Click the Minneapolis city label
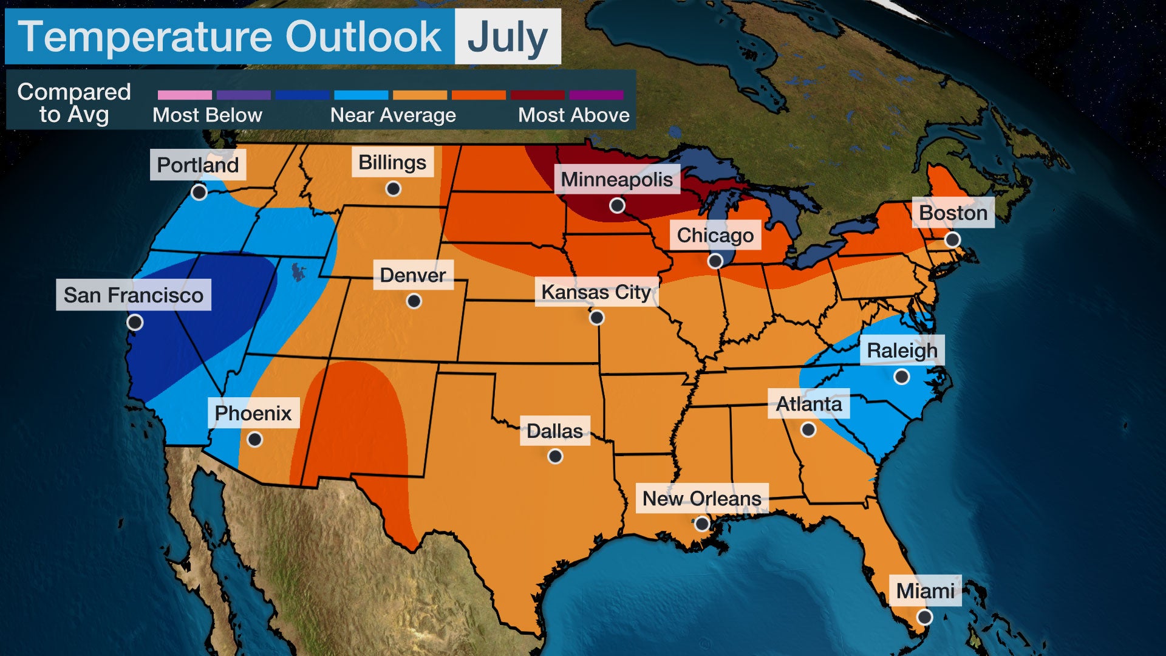click(x=616, y=179)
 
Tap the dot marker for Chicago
click(x=715, y=261)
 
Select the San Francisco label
click(x=134, y=295)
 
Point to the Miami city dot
click(x=924, y=617)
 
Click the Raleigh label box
click(x=902, y=350)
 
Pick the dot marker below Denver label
click(x=414, y=301)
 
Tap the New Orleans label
click(x=701, y=498)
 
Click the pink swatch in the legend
click(x=185, y=95)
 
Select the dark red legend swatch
click(x=537, y=95)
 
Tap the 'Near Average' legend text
click(x=393, y=115)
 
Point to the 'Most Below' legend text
click(x=207, y=115)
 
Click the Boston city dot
click(x=952, y=240)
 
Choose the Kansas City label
click(x=596, y=292)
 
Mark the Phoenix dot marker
click(x=255, y=439)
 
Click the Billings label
click(x=392, y=162)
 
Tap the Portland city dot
click(x=199, y=193)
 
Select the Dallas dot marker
click(x=555, y=456)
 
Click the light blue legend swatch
click(x=361, y=95)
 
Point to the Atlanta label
click(x=809, y=404)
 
